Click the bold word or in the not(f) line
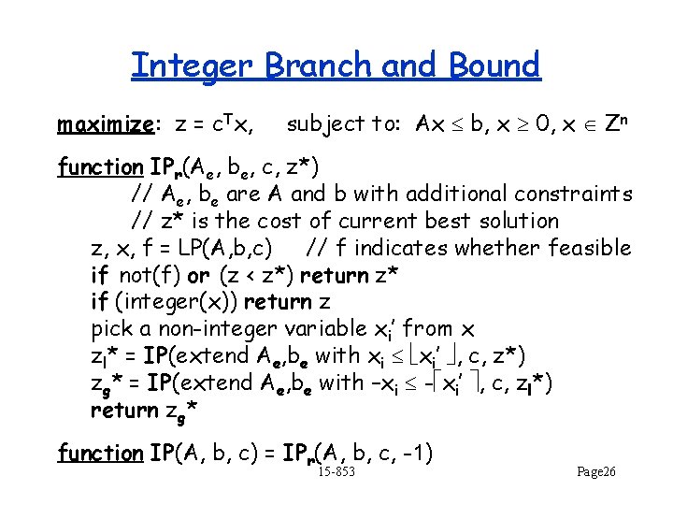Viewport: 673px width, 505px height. click(x=198, y=276)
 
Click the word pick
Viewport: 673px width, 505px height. click(x=112, y=329)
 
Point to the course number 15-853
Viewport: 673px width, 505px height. click(x=336, y=473)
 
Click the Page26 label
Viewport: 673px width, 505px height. click(x=595, y=473)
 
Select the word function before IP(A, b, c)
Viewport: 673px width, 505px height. click(x=100, y=454)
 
